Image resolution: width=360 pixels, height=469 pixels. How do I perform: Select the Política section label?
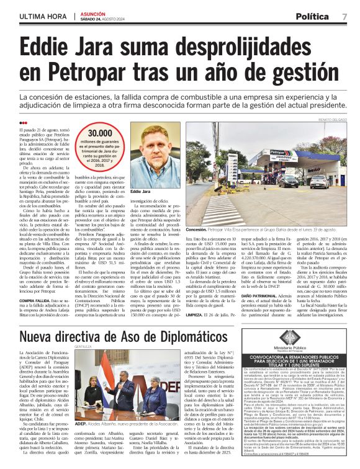315,16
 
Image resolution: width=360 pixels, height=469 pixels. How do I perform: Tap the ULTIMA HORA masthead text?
42,15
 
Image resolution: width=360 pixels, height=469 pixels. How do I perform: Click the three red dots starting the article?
24,122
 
